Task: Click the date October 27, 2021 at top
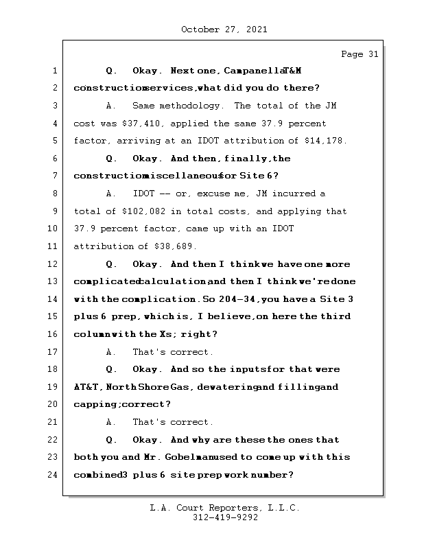pyautogui.click(x=224, y=30)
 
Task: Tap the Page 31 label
pyautogui.click(x=360, y=54)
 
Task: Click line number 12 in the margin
pyautogui.click(x=56, y=264)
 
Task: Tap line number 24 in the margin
pyautogui.click(x=56, y=474)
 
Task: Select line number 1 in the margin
pyautogui.click(x=56, y=71)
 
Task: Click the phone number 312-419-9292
pyautogui.click(x=225, y=518)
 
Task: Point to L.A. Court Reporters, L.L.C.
pyautogui.click(x=225, y=508)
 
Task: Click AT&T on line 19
pyautogui.click(x=87, y=387)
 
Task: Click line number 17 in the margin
pyautogui.click(x=56, y=352)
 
